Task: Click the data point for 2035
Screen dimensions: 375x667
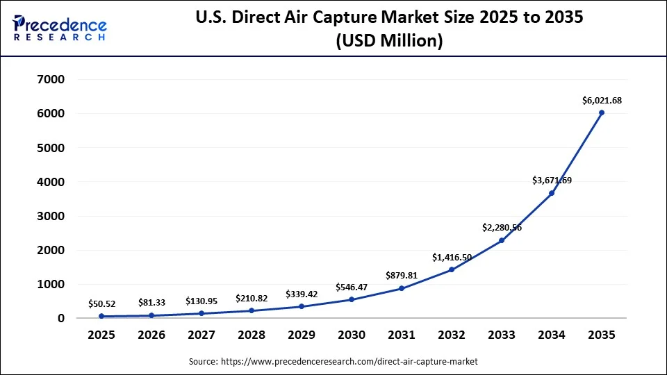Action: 602,112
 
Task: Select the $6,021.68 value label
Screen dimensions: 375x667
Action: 602,100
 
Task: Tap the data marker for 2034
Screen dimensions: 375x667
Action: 552,193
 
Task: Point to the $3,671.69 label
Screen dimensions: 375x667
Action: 552,180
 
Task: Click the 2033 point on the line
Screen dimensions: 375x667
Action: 502,240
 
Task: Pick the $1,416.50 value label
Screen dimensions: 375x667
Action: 452,257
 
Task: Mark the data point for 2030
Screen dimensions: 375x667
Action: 352,299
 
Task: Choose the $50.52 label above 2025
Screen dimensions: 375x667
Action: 101,303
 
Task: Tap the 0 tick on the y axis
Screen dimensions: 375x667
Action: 61,318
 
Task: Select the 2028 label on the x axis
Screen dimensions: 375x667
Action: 252,335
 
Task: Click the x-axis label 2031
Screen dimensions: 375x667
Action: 402,335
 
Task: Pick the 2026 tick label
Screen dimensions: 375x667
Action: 151,335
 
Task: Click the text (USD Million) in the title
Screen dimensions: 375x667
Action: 389,41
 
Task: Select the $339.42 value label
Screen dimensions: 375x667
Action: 302,293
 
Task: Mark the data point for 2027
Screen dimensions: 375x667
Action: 201,313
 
